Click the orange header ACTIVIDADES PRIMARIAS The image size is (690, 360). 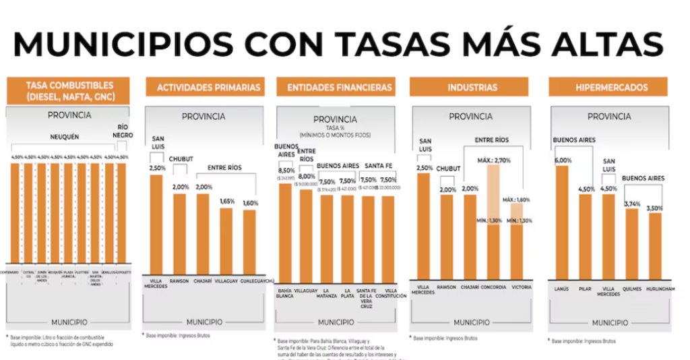[x=208, y=87]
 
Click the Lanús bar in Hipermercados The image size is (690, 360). [x=562, y=222]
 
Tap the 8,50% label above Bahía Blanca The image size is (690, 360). [x=286, y=171]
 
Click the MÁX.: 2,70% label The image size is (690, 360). [x=495, y=159]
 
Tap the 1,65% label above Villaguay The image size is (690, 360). [x=227, y=201]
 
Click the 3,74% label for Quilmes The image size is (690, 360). [x=631, y=203]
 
